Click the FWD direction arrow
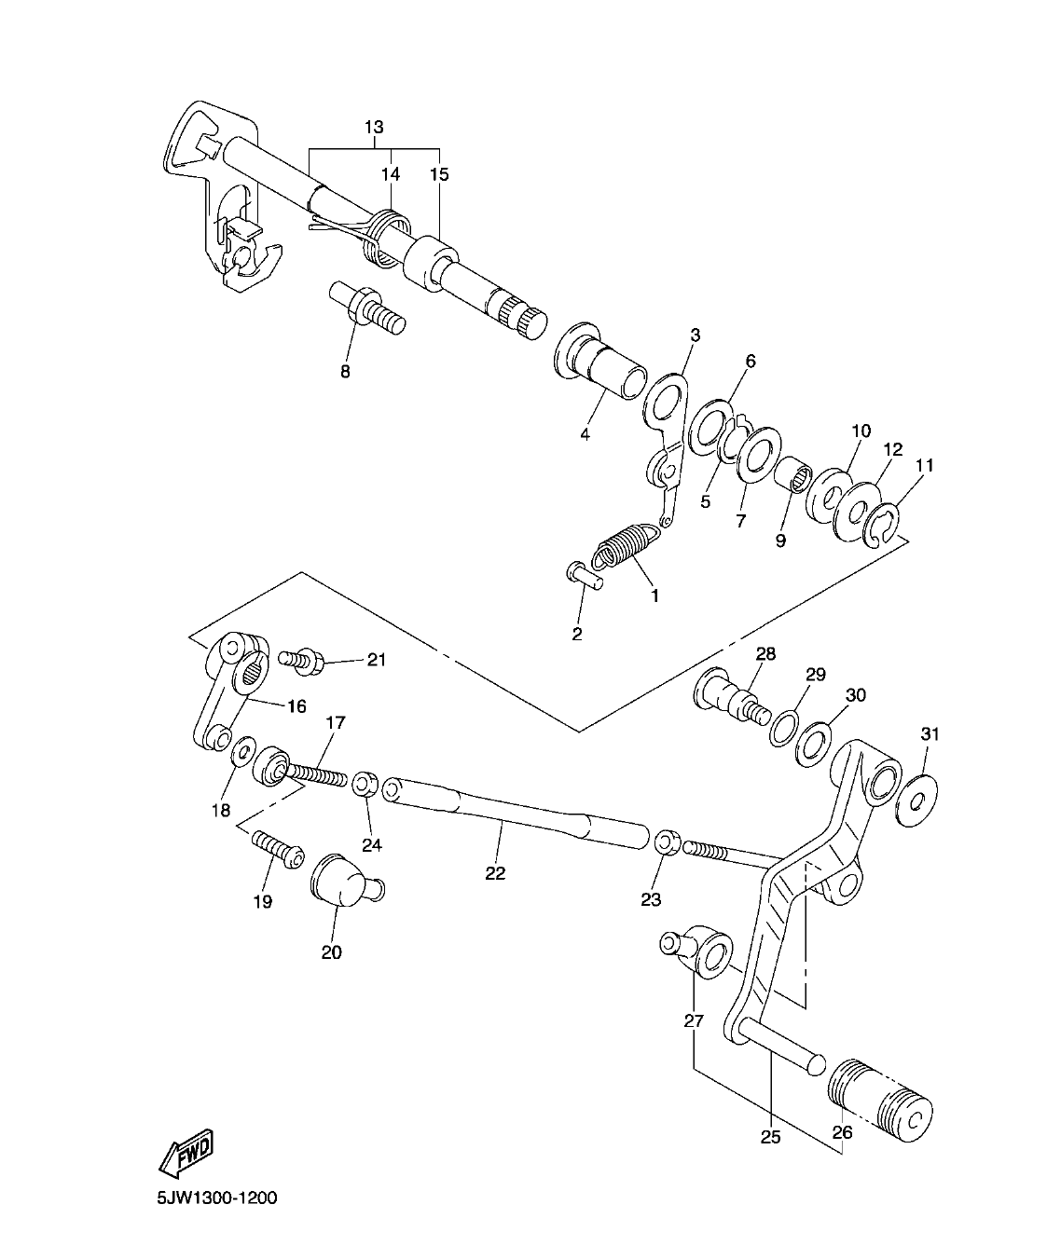click(186, 1154)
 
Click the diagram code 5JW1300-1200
click(216, 1198)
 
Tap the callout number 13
click(374, 127)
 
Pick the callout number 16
click(296, 706)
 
